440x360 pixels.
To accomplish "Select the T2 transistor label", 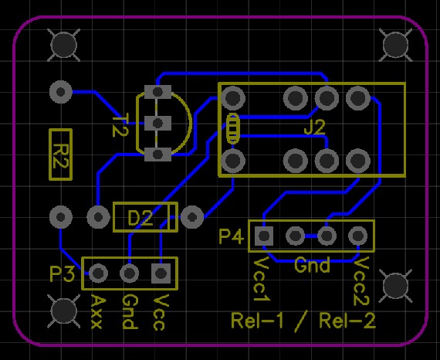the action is [x=120, y=125].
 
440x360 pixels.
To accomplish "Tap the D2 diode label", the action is [x=140, y=218].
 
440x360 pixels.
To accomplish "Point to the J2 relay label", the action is [x=315, y=127].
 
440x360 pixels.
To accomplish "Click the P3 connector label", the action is [x=62, y=273].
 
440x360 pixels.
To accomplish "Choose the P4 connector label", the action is [x=232, y=236].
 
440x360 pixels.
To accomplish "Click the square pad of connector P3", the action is [x=161, y=273].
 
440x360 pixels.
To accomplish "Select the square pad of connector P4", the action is [x=264, y=236].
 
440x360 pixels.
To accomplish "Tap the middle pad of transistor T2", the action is [x=157, y=123].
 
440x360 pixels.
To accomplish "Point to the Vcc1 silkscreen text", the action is [x=262, y=279].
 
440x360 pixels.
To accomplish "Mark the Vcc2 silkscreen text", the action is [x=361, y=281].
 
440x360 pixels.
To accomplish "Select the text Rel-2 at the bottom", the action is [x=347, y=321].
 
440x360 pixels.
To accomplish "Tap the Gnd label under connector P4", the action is [x=312, y=265].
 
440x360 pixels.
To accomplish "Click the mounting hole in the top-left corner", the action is [x=64, y=45].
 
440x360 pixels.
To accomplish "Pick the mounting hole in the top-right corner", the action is [x=395, y=45].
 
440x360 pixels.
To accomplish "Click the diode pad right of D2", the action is [x=192, y=217].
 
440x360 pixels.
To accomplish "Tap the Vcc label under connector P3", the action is [x=161, y=312].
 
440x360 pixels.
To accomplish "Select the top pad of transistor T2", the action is [x=157, y=92].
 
